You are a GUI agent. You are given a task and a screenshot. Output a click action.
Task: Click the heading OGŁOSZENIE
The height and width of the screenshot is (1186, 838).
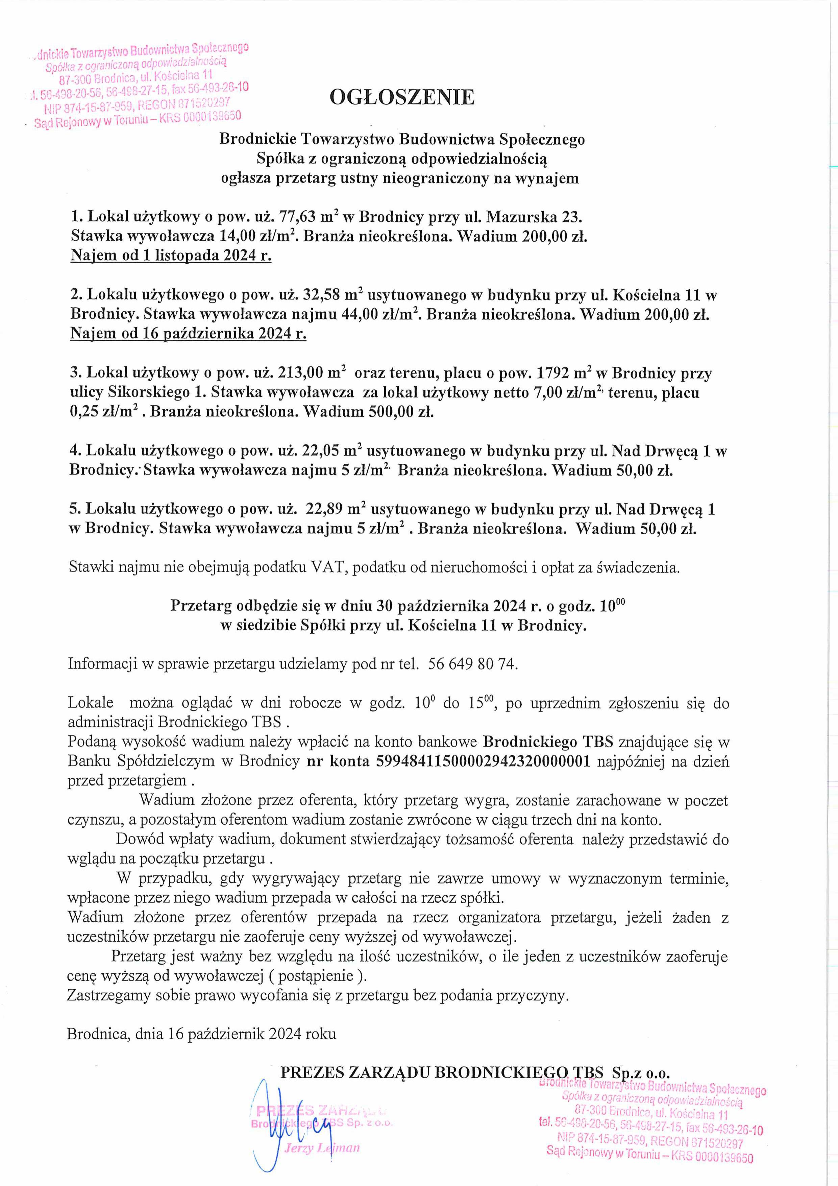[402, 97]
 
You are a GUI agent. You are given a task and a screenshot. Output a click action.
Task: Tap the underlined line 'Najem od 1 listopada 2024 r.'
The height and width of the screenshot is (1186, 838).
[171, 256]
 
